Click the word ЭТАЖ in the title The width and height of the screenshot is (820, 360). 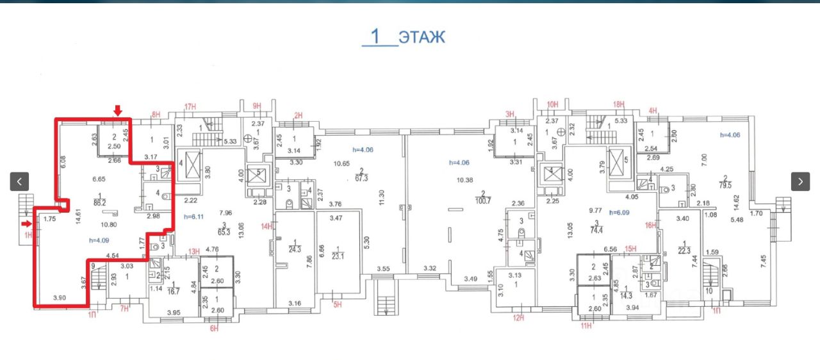[422, 37]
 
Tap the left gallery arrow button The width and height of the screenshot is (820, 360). [19, 181]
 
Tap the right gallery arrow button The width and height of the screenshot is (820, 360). [800, 181]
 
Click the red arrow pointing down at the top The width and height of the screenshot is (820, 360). [117, 111]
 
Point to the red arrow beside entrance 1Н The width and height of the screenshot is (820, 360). [26, 224]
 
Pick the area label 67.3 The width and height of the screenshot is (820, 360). [361, 178]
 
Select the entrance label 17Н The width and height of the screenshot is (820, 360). [190, 106]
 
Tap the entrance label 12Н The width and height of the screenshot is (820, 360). [519, 317]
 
